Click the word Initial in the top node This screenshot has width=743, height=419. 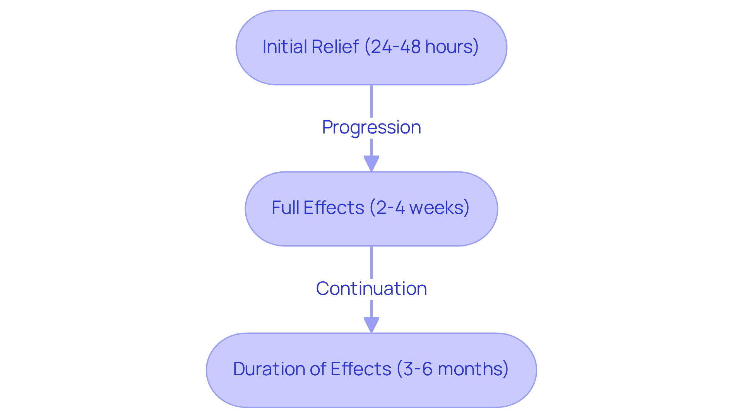285,47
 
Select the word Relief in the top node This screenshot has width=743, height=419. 335,47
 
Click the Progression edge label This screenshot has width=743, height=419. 371,127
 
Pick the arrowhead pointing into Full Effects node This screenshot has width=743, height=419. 371,164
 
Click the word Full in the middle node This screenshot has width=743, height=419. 286,208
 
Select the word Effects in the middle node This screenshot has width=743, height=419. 334,208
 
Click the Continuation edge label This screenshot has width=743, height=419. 371,289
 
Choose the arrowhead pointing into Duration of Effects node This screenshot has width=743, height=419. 371,325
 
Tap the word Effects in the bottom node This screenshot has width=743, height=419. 361,369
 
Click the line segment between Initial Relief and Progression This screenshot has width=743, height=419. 371,101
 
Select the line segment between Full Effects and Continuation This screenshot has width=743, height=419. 371,262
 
